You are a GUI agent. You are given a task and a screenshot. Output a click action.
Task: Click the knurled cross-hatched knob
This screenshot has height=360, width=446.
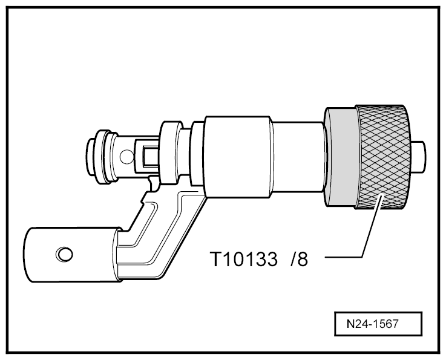(x=382, y=157)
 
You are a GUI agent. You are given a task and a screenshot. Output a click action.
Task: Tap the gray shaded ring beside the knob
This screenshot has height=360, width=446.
(x=341, y=157)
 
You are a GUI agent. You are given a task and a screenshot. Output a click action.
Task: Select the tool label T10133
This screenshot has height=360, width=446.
(x=243, y=259)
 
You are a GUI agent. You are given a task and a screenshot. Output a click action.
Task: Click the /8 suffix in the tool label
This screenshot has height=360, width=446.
(x=299, y=259)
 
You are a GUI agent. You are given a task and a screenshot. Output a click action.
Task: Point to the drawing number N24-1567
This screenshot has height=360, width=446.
(x=373, y=324)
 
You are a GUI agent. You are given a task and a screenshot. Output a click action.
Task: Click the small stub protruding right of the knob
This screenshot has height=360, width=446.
(x=419, y=157)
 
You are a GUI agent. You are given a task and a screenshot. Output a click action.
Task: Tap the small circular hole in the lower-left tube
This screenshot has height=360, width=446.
(x=64, y=254)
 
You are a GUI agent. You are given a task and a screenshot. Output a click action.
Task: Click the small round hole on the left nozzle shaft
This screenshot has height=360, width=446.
(x=126, y=156)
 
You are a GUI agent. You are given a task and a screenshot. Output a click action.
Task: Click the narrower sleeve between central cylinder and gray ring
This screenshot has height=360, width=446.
(x=299, y=157)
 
